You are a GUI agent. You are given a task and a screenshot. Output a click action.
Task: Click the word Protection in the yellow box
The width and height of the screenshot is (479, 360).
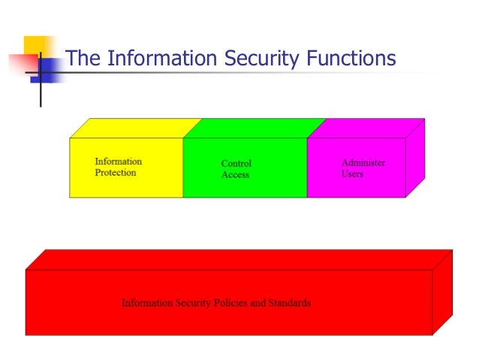pyautogui.click(x=116, y=173)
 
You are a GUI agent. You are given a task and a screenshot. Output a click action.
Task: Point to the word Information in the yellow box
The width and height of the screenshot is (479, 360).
pyautogui.click(x=118, y=162)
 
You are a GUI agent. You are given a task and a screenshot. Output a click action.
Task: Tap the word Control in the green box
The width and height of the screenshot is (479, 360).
pyautogui.click(x=236, y=163)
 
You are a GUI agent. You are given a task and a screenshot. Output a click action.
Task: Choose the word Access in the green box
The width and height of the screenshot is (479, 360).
pyautogui.click(x=235, y=175)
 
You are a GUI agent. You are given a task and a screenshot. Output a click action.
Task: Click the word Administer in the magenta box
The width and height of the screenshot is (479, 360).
pyautogui.click(x=363, y=162)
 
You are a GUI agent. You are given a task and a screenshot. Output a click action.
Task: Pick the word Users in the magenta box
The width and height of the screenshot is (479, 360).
pyautogui.click(x=352, y=174)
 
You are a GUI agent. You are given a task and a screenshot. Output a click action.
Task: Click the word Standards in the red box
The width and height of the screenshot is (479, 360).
pyautogui.click(x=289, y=304)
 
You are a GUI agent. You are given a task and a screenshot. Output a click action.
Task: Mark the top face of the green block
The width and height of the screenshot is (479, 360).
pyautogui.click(x=255, y=128)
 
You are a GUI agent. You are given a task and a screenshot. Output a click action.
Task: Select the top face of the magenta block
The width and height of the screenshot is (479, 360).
pyautogui.click(x=367, y=128)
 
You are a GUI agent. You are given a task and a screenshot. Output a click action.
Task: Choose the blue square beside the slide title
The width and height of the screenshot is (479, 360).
pyautogui.click(x=45, y=70)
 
